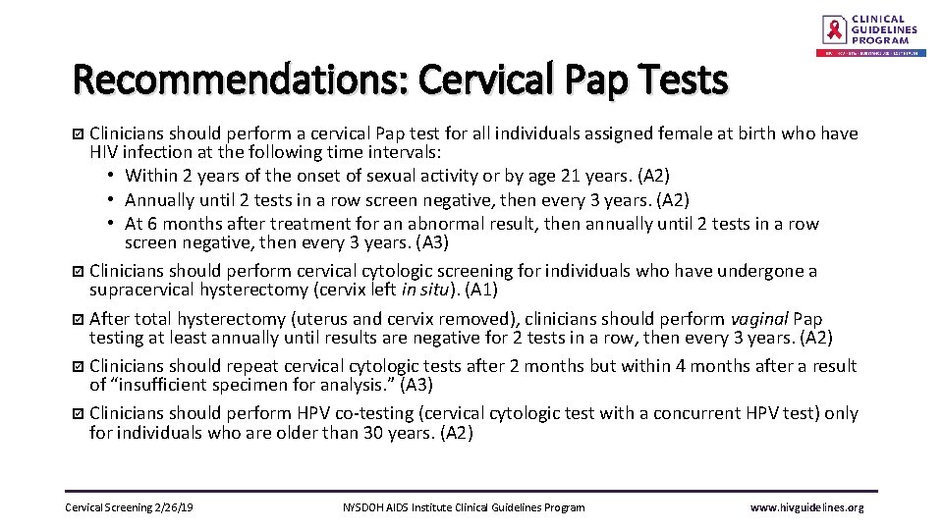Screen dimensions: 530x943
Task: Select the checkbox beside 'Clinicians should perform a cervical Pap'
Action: pyautogui.click(x=80, y=133)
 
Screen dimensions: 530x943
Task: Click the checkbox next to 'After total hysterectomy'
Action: pyautogui.click(x=80, y=319)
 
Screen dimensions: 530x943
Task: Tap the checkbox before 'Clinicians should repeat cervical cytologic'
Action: pyautogui.click(x=80, y=366)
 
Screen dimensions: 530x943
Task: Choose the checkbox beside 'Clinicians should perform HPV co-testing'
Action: pyautogui.click(x=80, y=414)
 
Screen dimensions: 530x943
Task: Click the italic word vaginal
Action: pyautogui.click(x=758, y=319)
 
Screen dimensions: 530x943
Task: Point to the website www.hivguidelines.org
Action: pyautogui.click(x=806, y=507)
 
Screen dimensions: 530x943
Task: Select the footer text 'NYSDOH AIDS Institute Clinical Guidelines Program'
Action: pyautogui.click(x=464, y=507)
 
